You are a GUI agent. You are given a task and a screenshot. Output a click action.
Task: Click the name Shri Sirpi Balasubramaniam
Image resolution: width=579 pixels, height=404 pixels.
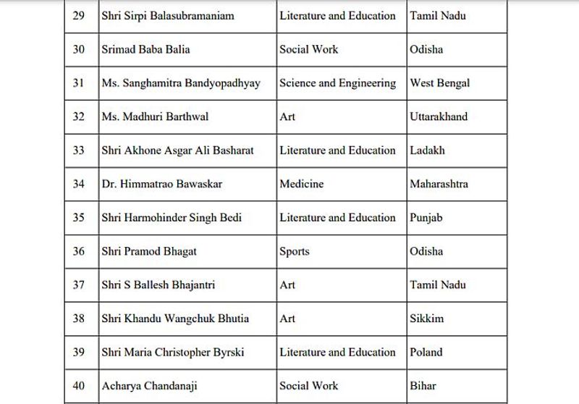tap(168, 16)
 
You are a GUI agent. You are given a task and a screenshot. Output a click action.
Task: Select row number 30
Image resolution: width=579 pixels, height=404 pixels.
tap(79, 49)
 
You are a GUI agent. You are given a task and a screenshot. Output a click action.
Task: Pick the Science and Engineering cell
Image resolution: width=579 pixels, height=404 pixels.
tap(337, 83)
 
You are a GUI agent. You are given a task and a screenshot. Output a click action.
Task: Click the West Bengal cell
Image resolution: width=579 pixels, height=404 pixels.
tap(439, 83)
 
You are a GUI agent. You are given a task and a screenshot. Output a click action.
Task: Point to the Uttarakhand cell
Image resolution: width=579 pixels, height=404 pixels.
tap(439, 117)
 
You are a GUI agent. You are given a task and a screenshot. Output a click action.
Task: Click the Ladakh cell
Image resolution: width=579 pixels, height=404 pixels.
tap(427, 151)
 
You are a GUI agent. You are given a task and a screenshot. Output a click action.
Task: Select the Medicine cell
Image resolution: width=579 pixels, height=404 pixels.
tap(301, 184)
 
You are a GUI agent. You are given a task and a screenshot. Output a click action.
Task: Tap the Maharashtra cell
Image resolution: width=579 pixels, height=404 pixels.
tap(439, 184)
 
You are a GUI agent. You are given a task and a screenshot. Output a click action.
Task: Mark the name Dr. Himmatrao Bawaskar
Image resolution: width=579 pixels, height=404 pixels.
tap(161, 184)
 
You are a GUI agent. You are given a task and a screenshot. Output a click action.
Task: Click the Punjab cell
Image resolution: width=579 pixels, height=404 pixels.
tap(426, 218)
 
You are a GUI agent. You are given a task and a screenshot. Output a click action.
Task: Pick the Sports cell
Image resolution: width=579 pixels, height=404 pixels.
tap(294, 251)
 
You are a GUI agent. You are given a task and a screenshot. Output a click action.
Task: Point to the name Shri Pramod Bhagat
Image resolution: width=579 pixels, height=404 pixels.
tap(149, 251)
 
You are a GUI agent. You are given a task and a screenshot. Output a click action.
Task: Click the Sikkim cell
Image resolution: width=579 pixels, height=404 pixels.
tap(426, 319)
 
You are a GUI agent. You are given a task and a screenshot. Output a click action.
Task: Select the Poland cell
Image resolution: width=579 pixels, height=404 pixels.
tap(426, 353)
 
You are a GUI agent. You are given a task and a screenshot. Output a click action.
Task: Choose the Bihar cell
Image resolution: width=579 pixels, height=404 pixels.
tap(423, 386)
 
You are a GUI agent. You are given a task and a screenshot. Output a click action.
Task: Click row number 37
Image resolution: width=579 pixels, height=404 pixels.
tap(79, 285)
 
